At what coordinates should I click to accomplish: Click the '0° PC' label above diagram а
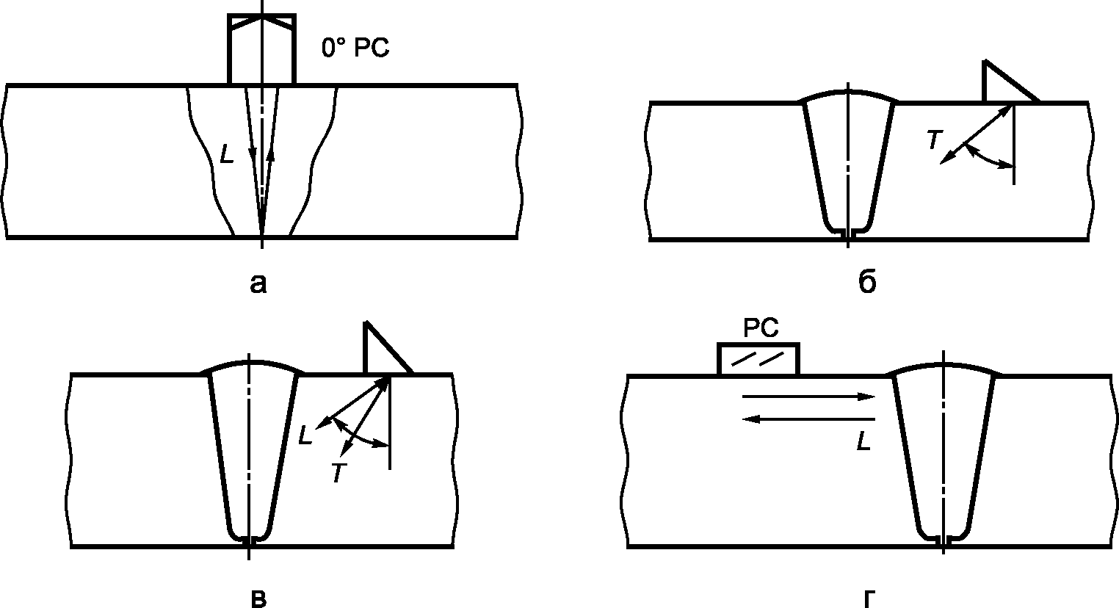coord(355,48)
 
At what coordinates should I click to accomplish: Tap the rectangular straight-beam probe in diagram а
coord(262,49)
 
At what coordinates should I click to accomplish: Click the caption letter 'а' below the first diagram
coord(258,283)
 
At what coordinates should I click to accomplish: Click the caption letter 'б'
coord(867,282)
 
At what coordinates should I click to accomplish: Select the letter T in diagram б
coord(934,140)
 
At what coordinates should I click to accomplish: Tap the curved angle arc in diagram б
coord(984,159)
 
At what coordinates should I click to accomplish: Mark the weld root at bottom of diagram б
coord(848,234)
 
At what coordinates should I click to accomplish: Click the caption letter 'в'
coord(258,598)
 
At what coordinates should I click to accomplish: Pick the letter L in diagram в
coord(305,435)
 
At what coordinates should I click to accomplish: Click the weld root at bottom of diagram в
coord(249,540)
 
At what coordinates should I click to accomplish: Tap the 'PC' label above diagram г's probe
coord(761,328)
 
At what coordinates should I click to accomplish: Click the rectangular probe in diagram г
coord(758,358)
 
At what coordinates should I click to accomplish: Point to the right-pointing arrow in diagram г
coord(808,397)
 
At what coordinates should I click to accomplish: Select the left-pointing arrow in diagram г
coord(808,419)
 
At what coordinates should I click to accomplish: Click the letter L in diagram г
coord(863,441)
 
